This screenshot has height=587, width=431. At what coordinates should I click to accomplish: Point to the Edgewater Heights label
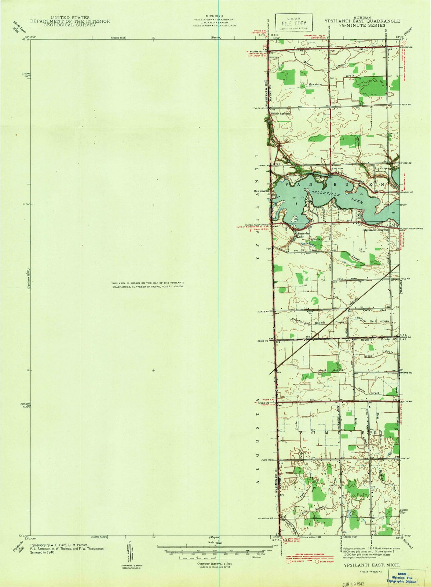click(x=375, y=230)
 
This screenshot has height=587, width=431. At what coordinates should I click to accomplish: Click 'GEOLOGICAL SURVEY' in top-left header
click(x=70, y=25)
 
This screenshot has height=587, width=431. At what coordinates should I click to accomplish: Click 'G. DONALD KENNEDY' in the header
click(x=215, y=22)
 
